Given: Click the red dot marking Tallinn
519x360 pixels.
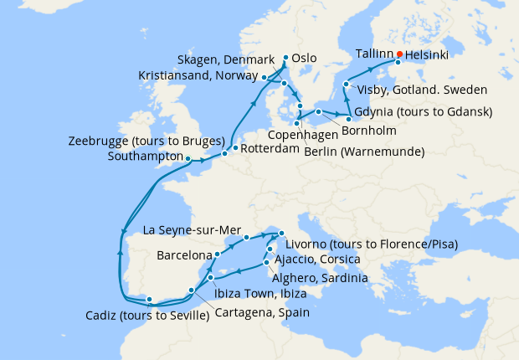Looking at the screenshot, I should click(399, 54).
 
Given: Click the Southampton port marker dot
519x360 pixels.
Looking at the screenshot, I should click(188, 158).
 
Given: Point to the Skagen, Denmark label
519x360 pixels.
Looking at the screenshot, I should click(226, 59).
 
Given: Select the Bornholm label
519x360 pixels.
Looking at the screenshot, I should click(369, 131).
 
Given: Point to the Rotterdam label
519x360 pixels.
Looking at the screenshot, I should click(271, 149).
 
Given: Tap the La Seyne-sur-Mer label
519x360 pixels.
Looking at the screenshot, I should click(192, 229).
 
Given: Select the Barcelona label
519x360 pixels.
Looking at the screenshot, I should click(183, 254).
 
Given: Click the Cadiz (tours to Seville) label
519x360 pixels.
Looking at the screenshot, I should click(146, 316).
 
